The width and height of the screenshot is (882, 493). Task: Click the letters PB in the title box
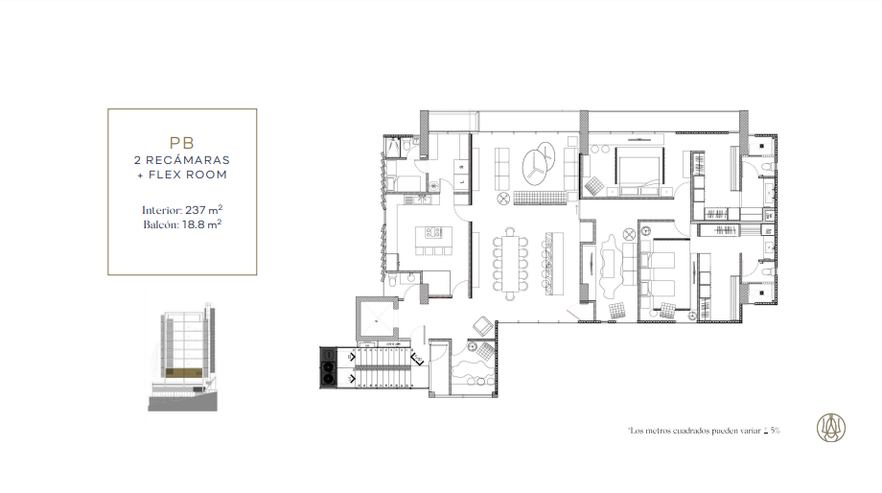[x=182, y=143]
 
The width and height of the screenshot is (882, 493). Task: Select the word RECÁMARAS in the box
[x=188, y=160]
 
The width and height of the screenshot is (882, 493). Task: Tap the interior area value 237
[x=196, y=210]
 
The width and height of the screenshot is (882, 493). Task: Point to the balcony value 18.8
[x=193, y=224]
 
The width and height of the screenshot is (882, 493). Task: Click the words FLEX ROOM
[x=188, y=175]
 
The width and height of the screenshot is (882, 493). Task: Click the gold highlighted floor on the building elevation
[x=183, y=372]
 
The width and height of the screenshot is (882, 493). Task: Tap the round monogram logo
[x=831, y=427]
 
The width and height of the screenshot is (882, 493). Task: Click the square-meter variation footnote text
[x=705, y=431]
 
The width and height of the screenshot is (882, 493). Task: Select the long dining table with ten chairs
[x=510, y=264]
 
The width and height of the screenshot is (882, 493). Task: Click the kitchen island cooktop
[x=432, y=232]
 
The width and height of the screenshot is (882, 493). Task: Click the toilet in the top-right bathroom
[x=766, y=167]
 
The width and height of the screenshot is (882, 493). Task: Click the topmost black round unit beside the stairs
[x=328, y=355]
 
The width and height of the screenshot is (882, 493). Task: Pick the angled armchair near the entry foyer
[x=482, y=326]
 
